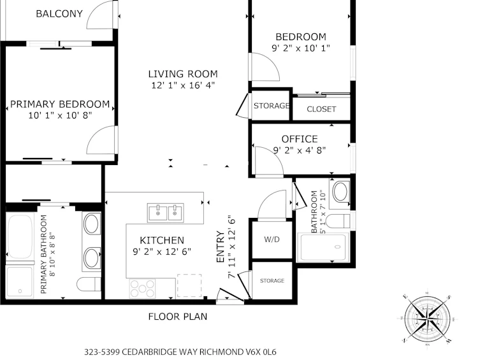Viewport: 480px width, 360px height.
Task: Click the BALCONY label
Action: (x=59, y=14)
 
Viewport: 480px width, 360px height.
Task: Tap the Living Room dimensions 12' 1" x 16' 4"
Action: (x=183, y=85)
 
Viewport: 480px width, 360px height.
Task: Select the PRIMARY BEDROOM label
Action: (x=60, y=104)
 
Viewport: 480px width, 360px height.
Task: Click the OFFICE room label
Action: (x=300, y=139)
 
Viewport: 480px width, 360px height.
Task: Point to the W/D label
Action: (x=272, y=240)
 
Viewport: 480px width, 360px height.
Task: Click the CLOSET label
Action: (x=321, y=109)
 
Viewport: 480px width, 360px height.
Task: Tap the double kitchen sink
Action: (x=165, y=213)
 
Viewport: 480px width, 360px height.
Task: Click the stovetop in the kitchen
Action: (x=142, y=288)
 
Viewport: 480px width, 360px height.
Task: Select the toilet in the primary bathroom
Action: (x=89, y=284)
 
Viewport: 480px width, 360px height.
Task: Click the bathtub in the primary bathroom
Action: (x=20, y=237)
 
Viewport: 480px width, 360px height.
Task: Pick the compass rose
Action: (x=427, y=319)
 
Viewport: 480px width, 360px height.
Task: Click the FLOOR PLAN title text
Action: (x=178, y=317)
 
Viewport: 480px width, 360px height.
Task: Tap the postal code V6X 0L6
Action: (x=261, y=352)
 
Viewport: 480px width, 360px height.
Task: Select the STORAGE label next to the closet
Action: (x=272, y=106)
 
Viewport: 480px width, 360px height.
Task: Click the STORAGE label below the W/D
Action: (x=272, y=281)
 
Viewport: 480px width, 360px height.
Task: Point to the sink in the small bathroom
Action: (x=340, y=192)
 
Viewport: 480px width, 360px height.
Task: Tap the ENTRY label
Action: (x=221, y=247)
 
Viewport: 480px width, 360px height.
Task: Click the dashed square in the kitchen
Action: (x=189, y=285)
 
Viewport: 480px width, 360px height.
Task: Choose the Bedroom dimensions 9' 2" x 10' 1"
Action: (x=301, y=48)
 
